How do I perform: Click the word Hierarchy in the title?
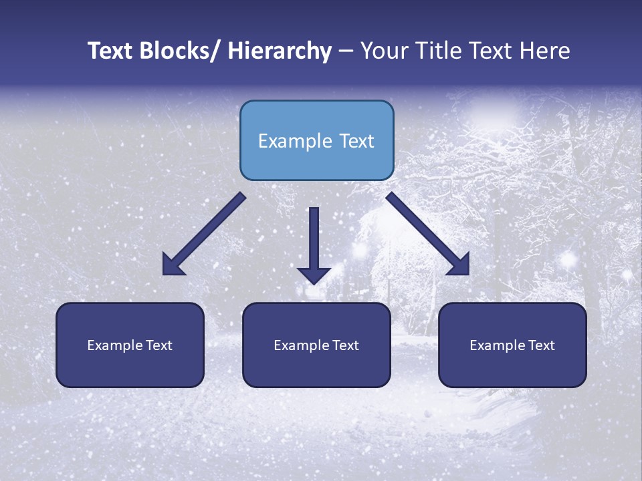pyautogui.click(x=279, y=51)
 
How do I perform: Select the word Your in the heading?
pyautogui.click(x=383, y=51)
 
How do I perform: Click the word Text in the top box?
pyautogui.click(x=356, y=141)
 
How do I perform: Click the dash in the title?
pyautogui.click(x=346, y=51)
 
